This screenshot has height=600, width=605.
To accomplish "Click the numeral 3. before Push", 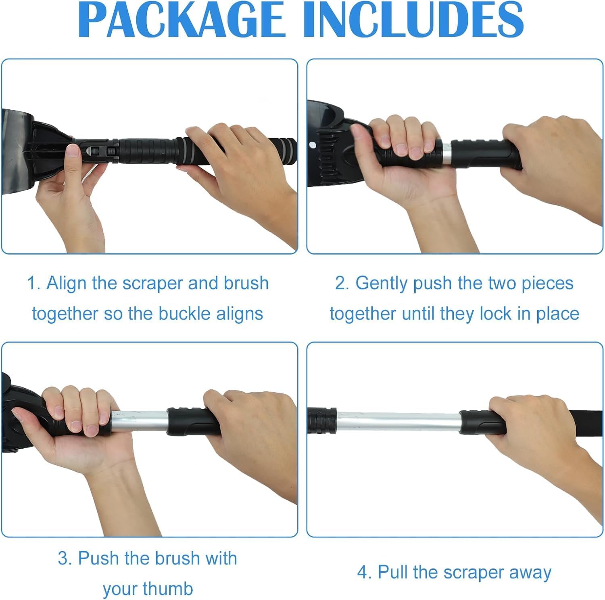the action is pyautogui.click(x=65, y=558).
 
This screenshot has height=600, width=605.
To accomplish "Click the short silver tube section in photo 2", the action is pyautogui.click(x=446, y=153).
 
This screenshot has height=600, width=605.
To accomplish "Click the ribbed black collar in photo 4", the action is pyautogui.click(x=322, y=421).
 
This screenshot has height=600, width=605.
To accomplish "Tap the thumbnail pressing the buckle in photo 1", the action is pyautogui.click(x=73, y=151).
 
